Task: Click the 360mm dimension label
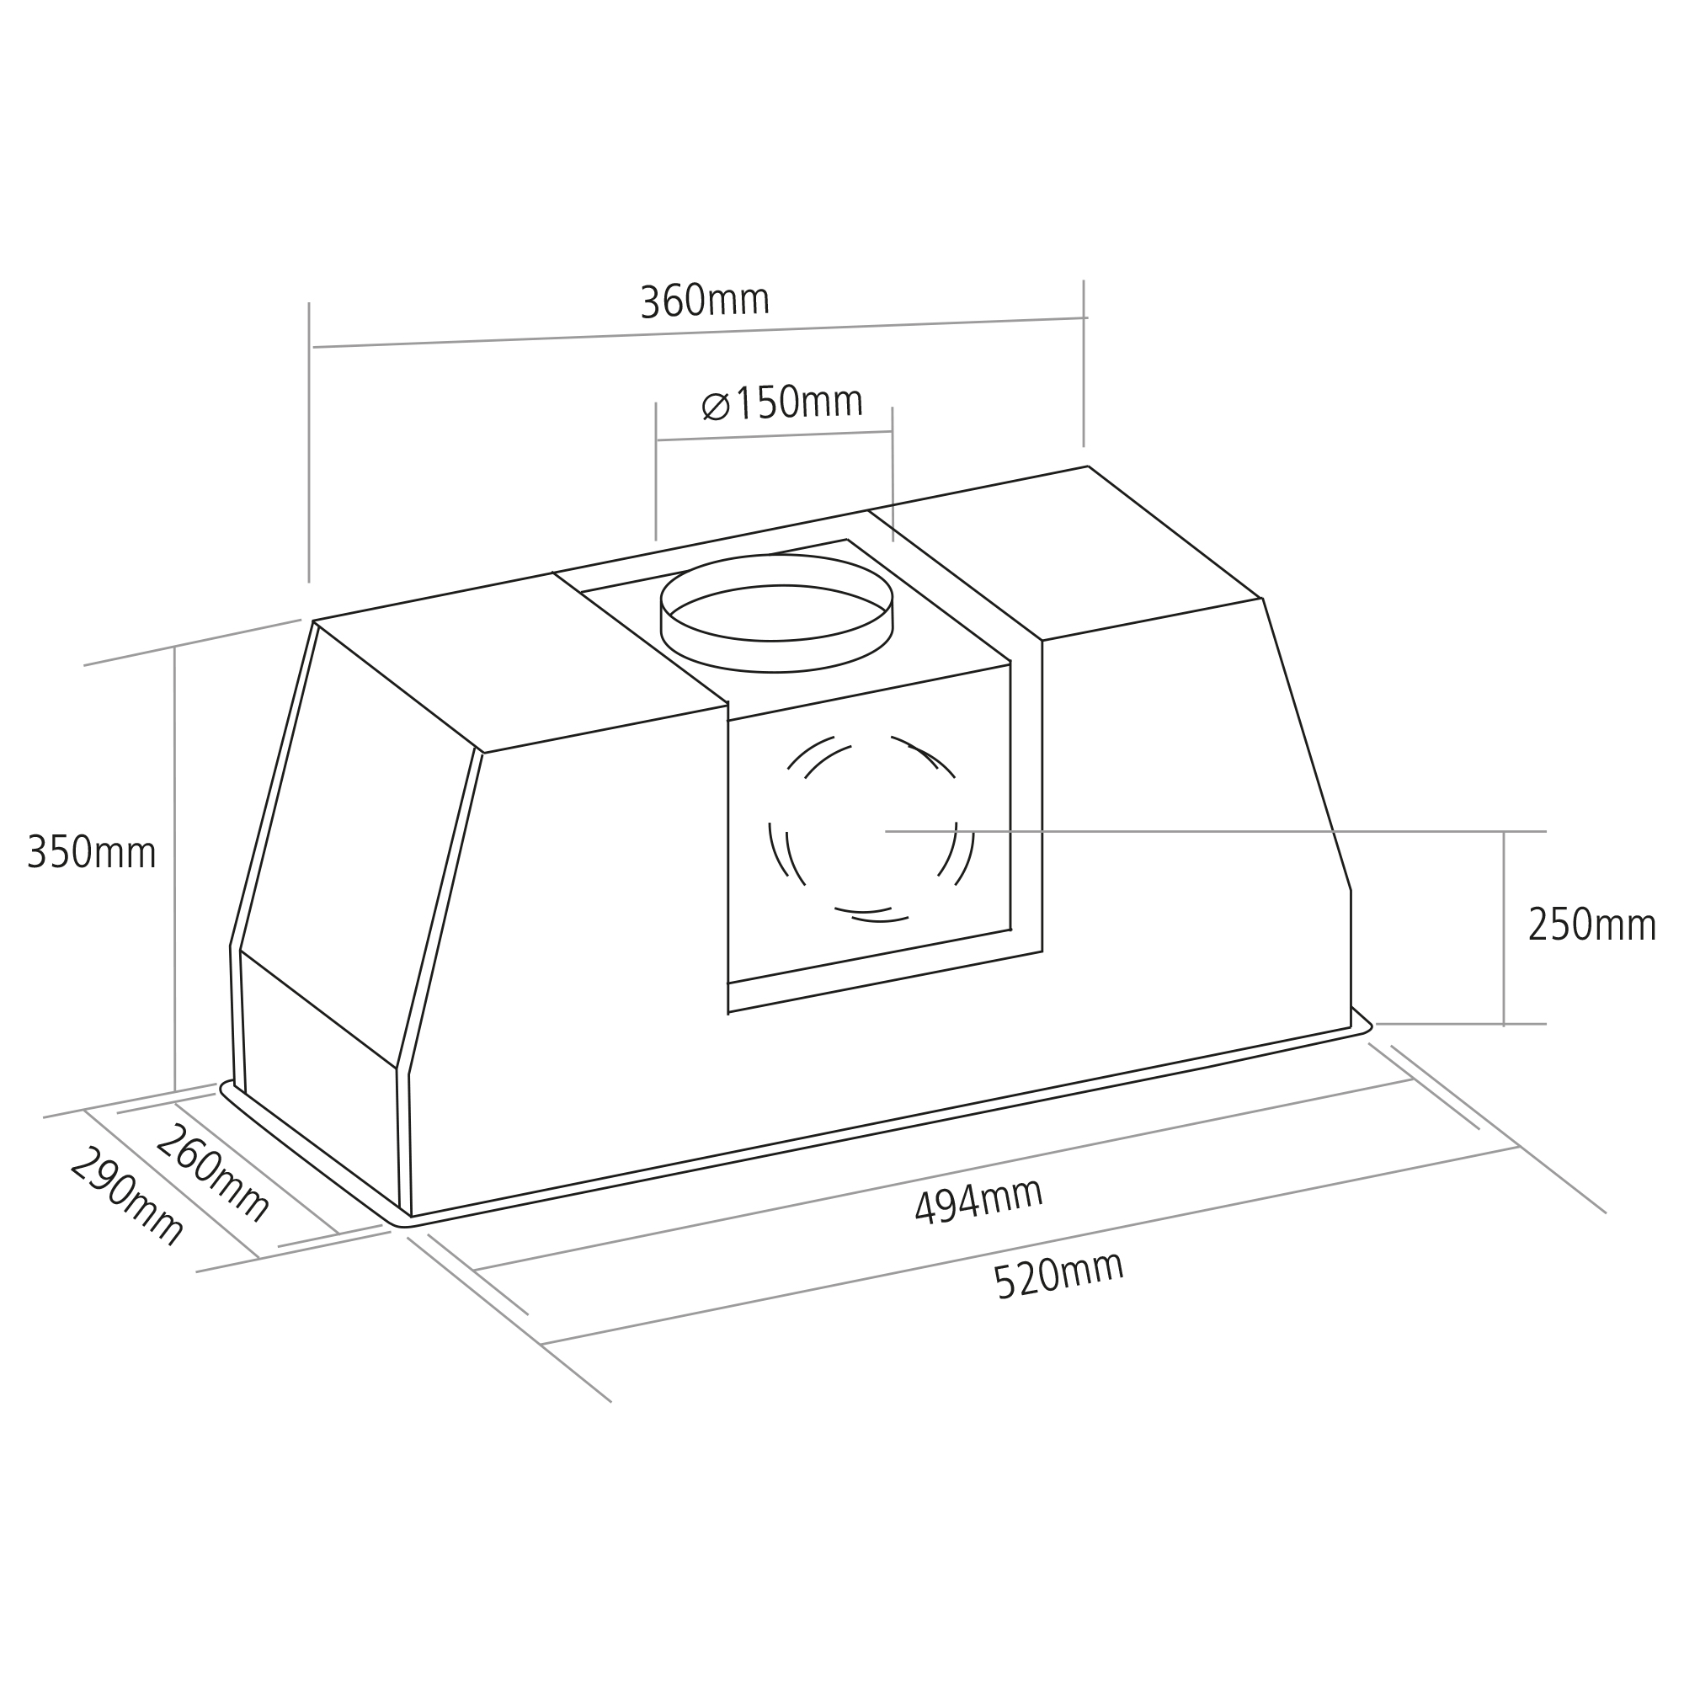pos(705,301)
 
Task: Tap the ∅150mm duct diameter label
pos(782,402)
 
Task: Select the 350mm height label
pos(92,851)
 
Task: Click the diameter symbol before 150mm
pos(716,406)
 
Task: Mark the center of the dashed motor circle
pos(871,829)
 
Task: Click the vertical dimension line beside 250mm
pos(1504,927)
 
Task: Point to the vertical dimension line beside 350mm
pos(174,868)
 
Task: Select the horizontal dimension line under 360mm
pos(700,332)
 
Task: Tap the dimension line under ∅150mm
pos(774,436)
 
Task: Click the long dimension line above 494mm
pos(942,1175)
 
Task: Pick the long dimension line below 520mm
pos(1031,1245)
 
